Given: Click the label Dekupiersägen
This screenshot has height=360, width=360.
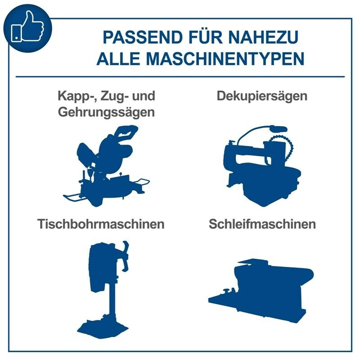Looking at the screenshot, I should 262,96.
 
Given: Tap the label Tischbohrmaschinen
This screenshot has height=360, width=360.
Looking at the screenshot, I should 101,224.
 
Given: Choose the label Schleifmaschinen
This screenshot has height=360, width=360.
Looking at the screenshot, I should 262,224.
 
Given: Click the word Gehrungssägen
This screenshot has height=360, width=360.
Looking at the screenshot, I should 106,112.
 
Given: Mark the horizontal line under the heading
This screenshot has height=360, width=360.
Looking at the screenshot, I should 180,77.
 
